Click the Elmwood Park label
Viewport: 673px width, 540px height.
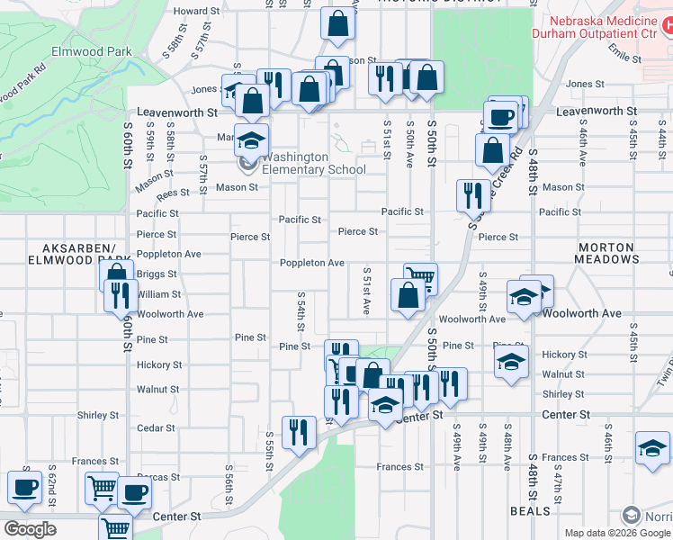(92, 52)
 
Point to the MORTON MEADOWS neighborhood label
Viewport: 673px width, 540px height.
(607, 253)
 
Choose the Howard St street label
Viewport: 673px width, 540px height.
(196, 11)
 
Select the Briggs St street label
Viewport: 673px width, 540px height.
(157, 274)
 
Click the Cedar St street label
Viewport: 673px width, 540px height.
(157, 428)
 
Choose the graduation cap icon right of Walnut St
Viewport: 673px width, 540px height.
(511, 363)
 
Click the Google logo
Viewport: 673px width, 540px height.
(30, 529)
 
